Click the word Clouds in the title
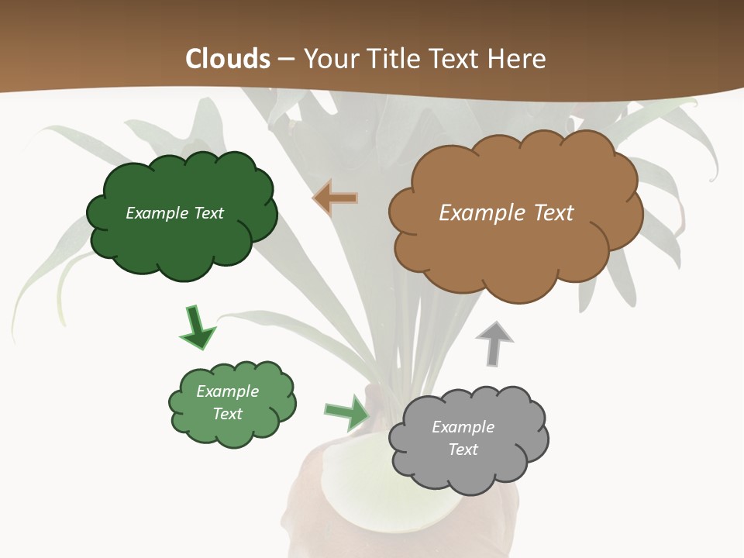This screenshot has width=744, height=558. (227, 59)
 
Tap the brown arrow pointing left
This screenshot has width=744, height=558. (335, 198)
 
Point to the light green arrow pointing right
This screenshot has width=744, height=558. (346, 412)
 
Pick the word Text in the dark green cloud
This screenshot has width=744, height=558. (209, 213)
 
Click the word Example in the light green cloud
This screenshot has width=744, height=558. (227, 391)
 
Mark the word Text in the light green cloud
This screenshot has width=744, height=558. (228, 414)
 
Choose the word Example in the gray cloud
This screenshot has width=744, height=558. (463, 427)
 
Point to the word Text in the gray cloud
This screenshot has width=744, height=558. (463, 449)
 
